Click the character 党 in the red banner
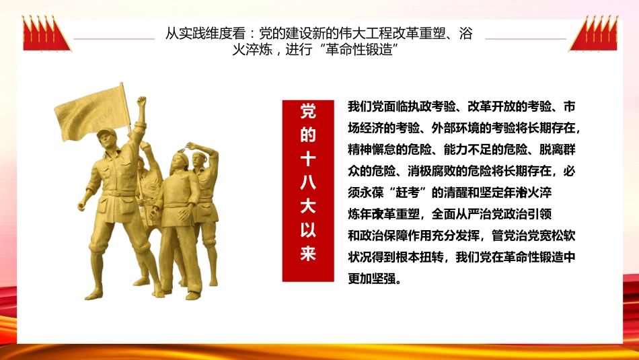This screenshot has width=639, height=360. click(x=307, y=111)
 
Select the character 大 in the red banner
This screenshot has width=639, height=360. click(x=307, y=207)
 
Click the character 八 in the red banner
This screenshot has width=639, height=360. click(x=307, y=182)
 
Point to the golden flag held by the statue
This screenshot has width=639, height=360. click(x=91, y=112)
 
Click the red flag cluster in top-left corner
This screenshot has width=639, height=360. click(x=46, y=33)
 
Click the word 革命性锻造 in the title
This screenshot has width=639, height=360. click(x=353, y=51)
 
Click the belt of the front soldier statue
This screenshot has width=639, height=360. click(x=120, y=194)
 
